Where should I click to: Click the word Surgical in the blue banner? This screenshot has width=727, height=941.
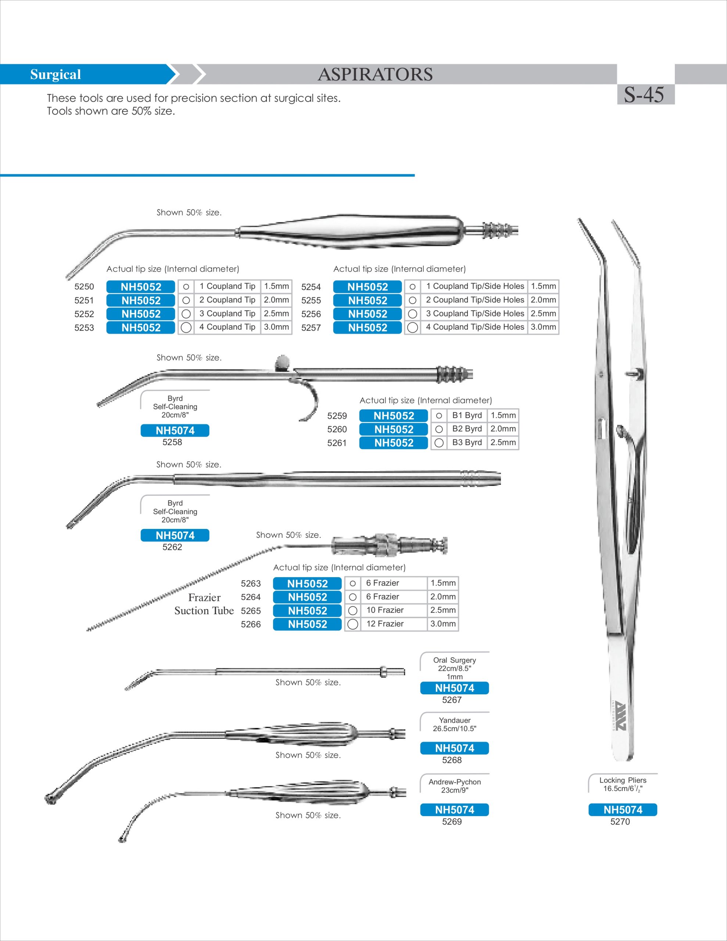pos(55,75)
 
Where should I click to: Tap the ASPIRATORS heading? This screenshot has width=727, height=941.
pos(375,75)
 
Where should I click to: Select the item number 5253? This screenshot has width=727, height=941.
pos(84,328)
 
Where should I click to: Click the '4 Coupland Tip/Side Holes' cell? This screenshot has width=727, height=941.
pos(475,327)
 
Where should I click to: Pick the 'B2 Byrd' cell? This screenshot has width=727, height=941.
pos(467,429)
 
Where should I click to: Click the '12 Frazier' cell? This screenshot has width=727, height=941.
pos(385,623)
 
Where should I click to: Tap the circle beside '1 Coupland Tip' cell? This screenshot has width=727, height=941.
pos(186,286)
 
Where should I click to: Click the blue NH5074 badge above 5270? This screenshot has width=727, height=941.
pos(622,809)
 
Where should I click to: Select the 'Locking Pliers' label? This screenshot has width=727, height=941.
pos(623,780)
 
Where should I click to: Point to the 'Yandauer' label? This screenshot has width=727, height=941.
pos(455,720)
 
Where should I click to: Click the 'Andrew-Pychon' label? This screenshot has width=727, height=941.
pos(455,782)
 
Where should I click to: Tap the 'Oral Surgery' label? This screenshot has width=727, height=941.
pos(455,660)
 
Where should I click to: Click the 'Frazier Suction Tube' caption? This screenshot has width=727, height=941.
pos(204,604)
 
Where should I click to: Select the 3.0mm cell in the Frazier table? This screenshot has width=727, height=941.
pos(443,623)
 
